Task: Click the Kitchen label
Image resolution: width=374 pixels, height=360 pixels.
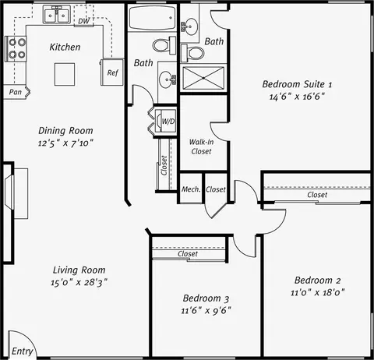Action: [x=65, y=48]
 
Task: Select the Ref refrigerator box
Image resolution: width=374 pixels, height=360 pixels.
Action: [x=112, y=72]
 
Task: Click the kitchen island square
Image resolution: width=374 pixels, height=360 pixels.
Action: [x=65, y=74]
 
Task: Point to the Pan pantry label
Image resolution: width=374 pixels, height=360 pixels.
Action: [x=15, y=92]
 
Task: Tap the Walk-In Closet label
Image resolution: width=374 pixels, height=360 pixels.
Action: [x=201, y=146]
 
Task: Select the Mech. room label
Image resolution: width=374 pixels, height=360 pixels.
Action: [x=191, y=189]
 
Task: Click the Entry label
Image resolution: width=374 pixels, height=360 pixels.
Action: [x=23, y=351]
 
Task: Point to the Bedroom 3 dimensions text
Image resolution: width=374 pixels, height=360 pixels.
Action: [x=206, y=310]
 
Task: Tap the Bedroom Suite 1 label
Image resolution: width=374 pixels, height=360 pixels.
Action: [x=297, y=84]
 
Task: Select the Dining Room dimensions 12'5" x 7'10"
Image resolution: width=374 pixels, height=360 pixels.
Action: [x=65, y=144]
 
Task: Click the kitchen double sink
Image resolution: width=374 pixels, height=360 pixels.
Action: [x=56, y=15]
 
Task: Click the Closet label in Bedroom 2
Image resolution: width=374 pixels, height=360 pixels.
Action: [x=317, y=195]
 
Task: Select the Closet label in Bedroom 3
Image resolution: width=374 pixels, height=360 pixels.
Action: [x=188, y=254]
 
